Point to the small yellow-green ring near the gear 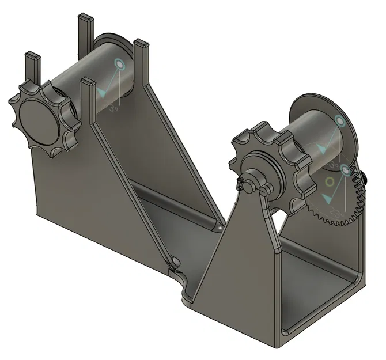click(x=330, y=182)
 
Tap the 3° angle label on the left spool click(x=114, y=107)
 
